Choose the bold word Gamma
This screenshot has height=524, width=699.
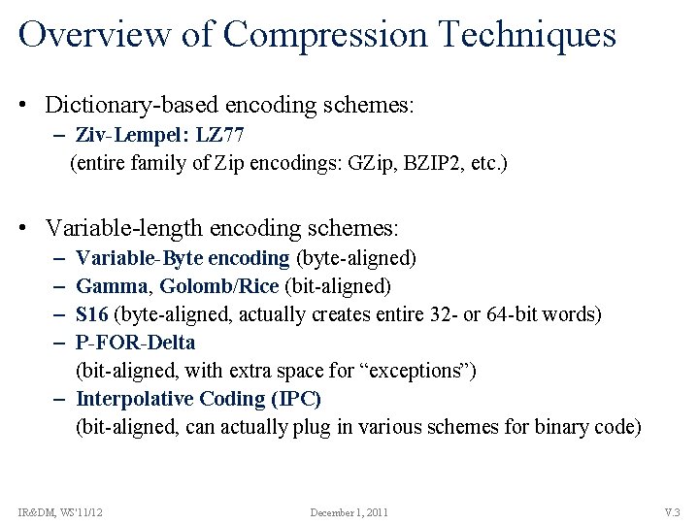112,286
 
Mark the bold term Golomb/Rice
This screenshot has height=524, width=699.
218,286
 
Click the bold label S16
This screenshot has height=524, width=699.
93,314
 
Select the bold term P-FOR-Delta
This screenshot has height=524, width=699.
135,343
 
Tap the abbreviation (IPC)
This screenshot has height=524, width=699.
297,399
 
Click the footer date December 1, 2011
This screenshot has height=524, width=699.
349,512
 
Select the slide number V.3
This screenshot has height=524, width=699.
672,512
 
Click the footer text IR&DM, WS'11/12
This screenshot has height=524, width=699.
60,512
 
